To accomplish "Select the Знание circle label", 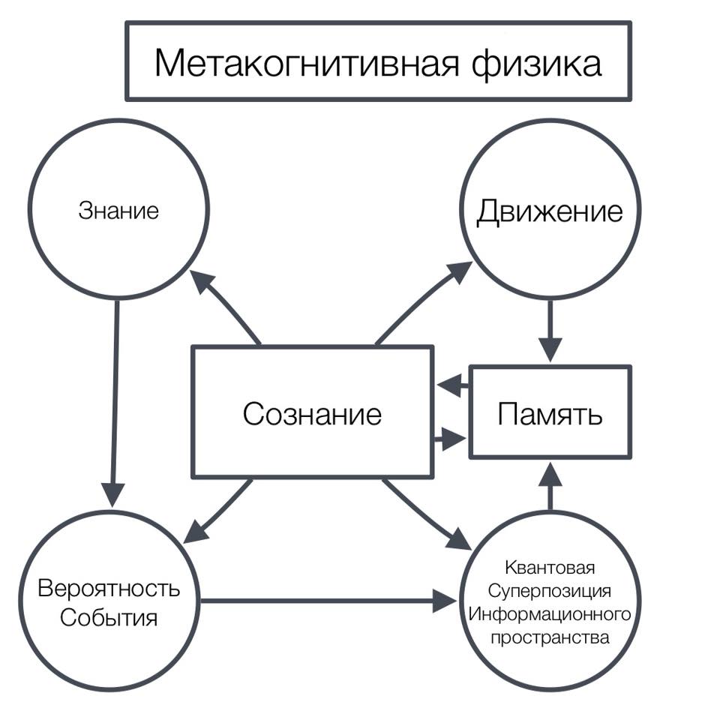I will coord(118,211).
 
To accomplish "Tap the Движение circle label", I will coord(550,211).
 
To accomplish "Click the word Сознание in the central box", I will coord(311,413).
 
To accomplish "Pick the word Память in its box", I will coord(550,413).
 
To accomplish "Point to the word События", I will coord(109,619).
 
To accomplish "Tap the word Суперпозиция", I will coord(550,590).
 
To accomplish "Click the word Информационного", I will coord(550,614).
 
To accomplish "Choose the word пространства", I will coord(550,638).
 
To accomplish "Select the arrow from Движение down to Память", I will coord(550,330).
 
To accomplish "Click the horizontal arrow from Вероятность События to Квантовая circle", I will coord(322,600).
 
